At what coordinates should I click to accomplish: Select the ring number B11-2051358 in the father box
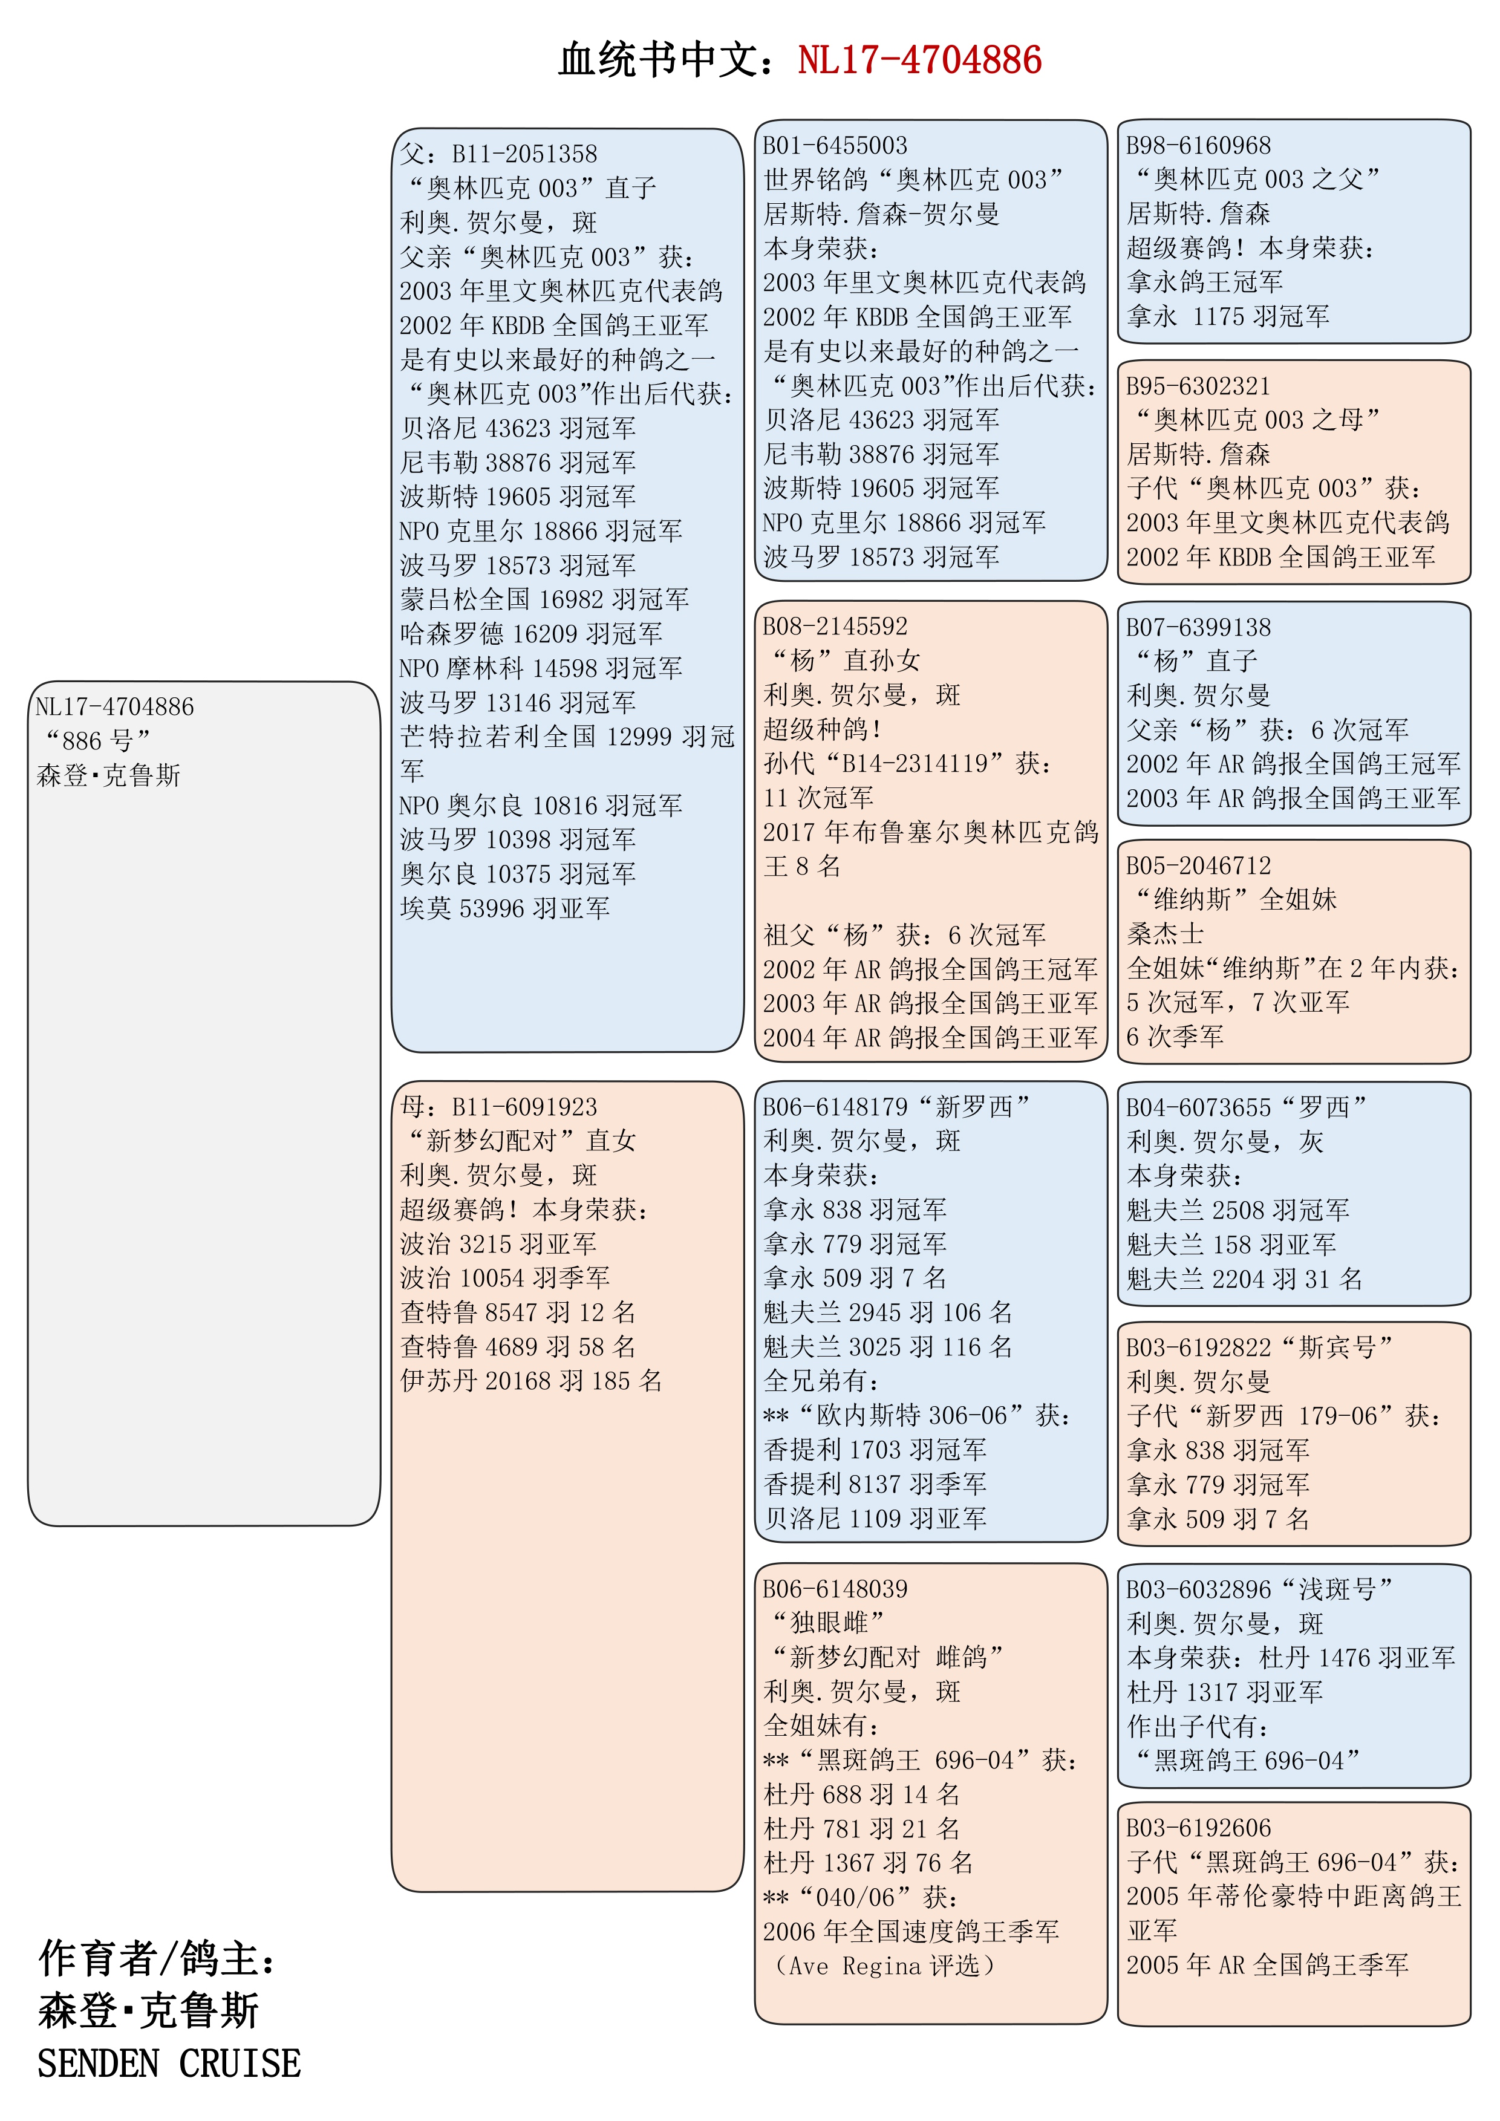pos(524,154)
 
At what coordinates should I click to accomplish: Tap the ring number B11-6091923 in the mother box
pos(524,1107)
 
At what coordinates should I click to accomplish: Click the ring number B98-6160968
pos(1198,146)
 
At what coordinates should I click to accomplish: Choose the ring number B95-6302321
pos(1198,386)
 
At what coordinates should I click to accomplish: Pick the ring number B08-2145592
pos(834,627)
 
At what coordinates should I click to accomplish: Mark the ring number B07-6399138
pos(1198,627)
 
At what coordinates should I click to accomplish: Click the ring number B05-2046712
pos(1198,865)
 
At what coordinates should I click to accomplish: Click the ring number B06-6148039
pos(834,1589)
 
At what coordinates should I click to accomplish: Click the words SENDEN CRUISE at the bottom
pos(169,2064)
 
